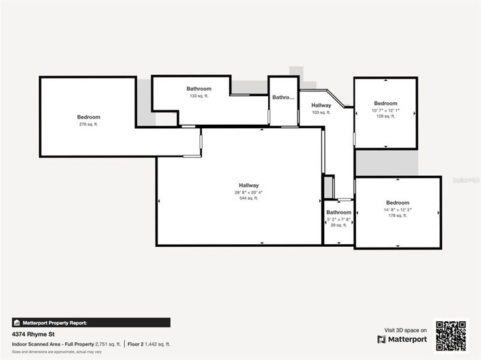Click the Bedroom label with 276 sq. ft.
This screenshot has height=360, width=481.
[x=89, y=117]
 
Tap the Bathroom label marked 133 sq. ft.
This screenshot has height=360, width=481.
[x=199, y=89]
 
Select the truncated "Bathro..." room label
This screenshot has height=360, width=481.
[x=282, y=97]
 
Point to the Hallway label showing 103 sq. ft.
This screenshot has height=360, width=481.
[x=321, y=105]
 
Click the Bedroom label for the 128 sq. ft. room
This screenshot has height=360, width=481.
[x=385, y=104]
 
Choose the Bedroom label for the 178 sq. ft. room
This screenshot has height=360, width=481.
[x=398, y=202]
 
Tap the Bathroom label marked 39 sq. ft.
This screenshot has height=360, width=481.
[x=338, y=213]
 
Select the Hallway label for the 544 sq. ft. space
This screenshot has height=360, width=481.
[x=248, y=185]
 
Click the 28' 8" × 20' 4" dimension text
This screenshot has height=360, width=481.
[x=248, y=192]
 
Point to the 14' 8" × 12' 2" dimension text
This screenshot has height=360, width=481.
[x=398, y=209]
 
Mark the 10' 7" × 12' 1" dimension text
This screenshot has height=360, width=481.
[x=385, y=110]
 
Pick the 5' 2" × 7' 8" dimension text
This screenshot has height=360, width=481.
[x=338, y=219]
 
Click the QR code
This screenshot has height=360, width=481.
[x=451, y=335]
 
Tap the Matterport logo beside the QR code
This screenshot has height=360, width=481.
[x=402, y=339]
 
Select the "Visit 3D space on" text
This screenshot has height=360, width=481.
[x=405, y=329]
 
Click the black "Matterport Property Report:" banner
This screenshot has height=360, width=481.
[x=91, y=322]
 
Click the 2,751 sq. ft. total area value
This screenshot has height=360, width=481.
[x=108, y=344]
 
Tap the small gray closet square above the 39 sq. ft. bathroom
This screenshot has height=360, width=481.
[x=328, y=187]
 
